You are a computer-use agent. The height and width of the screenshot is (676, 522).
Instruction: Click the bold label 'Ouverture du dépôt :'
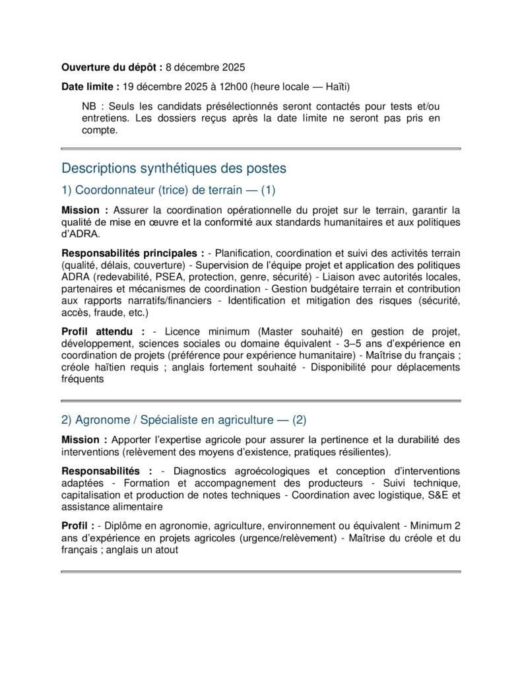click(x=112, y=67)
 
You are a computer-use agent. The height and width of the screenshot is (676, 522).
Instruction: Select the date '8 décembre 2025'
click(x=205, y=67)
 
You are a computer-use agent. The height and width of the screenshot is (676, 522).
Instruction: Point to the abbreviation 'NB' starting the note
click(x=89, y=106)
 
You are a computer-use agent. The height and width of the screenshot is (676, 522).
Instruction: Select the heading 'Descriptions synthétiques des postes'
click(x=174, y=168)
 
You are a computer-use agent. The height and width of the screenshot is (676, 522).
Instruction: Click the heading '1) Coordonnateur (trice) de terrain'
click(x=168, y=191)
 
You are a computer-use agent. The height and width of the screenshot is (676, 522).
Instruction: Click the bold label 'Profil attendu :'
click(x=103, y=331)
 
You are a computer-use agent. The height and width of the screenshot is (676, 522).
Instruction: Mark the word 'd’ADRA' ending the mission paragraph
click(x=81, y=234)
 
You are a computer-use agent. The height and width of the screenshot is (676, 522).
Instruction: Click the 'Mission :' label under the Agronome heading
click(x=84, y=440)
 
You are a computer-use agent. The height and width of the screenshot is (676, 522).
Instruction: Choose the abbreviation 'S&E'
click(x=435, y=495)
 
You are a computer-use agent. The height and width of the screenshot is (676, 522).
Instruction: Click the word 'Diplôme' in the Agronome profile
click(x=123, y=526)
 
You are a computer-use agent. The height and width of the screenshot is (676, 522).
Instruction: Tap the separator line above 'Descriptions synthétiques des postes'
click(x=261, y=149)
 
